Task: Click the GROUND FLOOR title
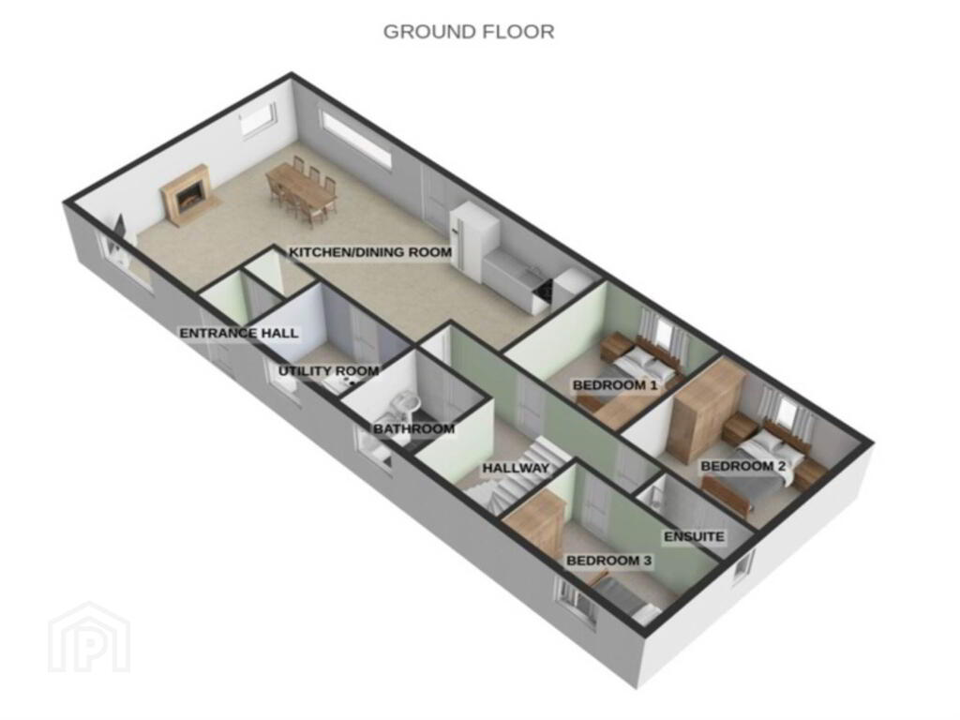(469, 31)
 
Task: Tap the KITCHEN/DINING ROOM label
(370, 252)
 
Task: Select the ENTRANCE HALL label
(239, 333)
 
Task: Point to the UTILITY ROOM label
(329, 371)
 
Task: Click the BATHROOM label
(413, 428)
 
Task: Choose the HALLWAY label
(516, 469)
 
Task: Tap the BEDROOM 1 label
(615, 385)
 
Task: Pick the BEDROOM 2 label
(743, 467)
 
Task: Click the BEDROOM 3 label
(609, 561)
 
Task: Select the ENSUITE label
(695, 537)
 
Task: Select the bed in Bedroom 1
(637, 373)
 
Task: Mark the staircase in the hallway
(520, 474)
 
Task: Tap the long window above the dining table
(355, 141)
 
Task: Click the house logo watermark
(89, 637)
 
